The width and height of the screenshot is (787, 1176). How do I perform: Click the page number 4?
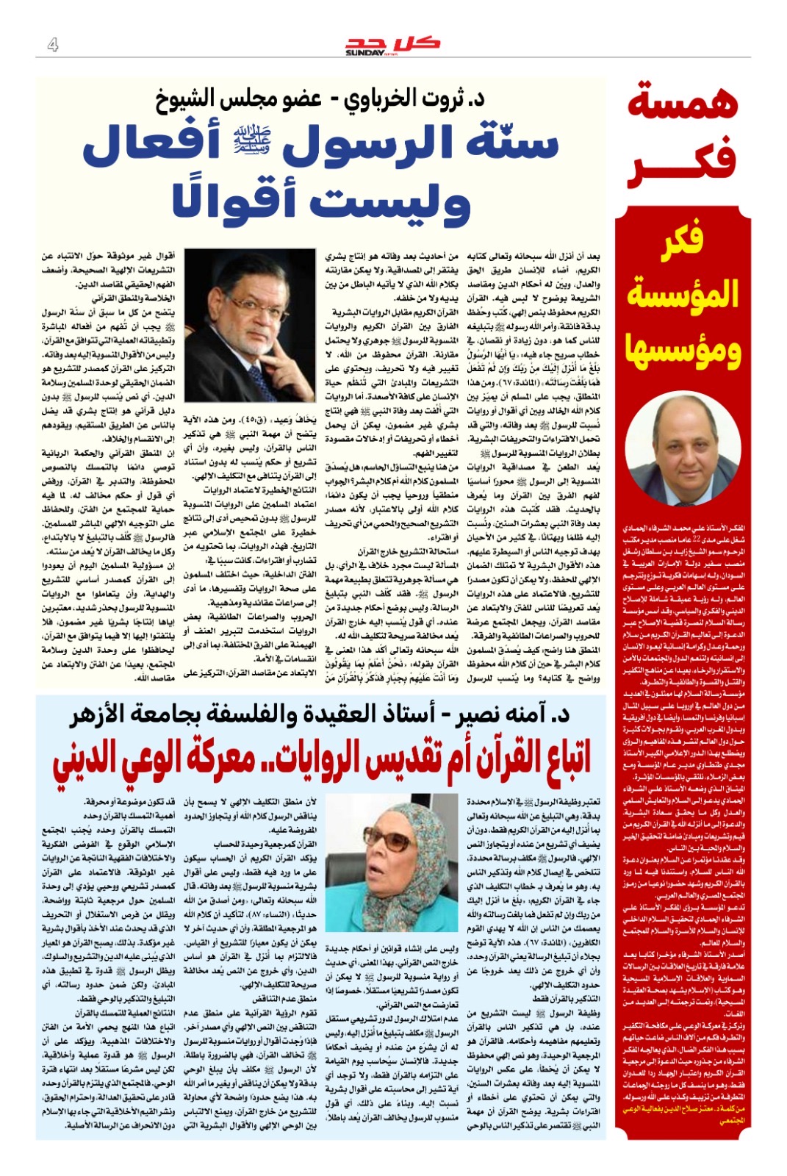click(52, 45)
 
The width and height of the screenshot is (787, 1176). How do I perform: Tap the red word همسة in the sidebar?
click(683, 102)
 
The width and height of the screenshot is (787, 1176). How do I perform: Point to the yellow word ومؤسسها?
click(683, 349)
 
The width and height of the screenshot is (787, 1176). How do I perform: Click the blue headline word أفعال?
click(151, 143)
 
